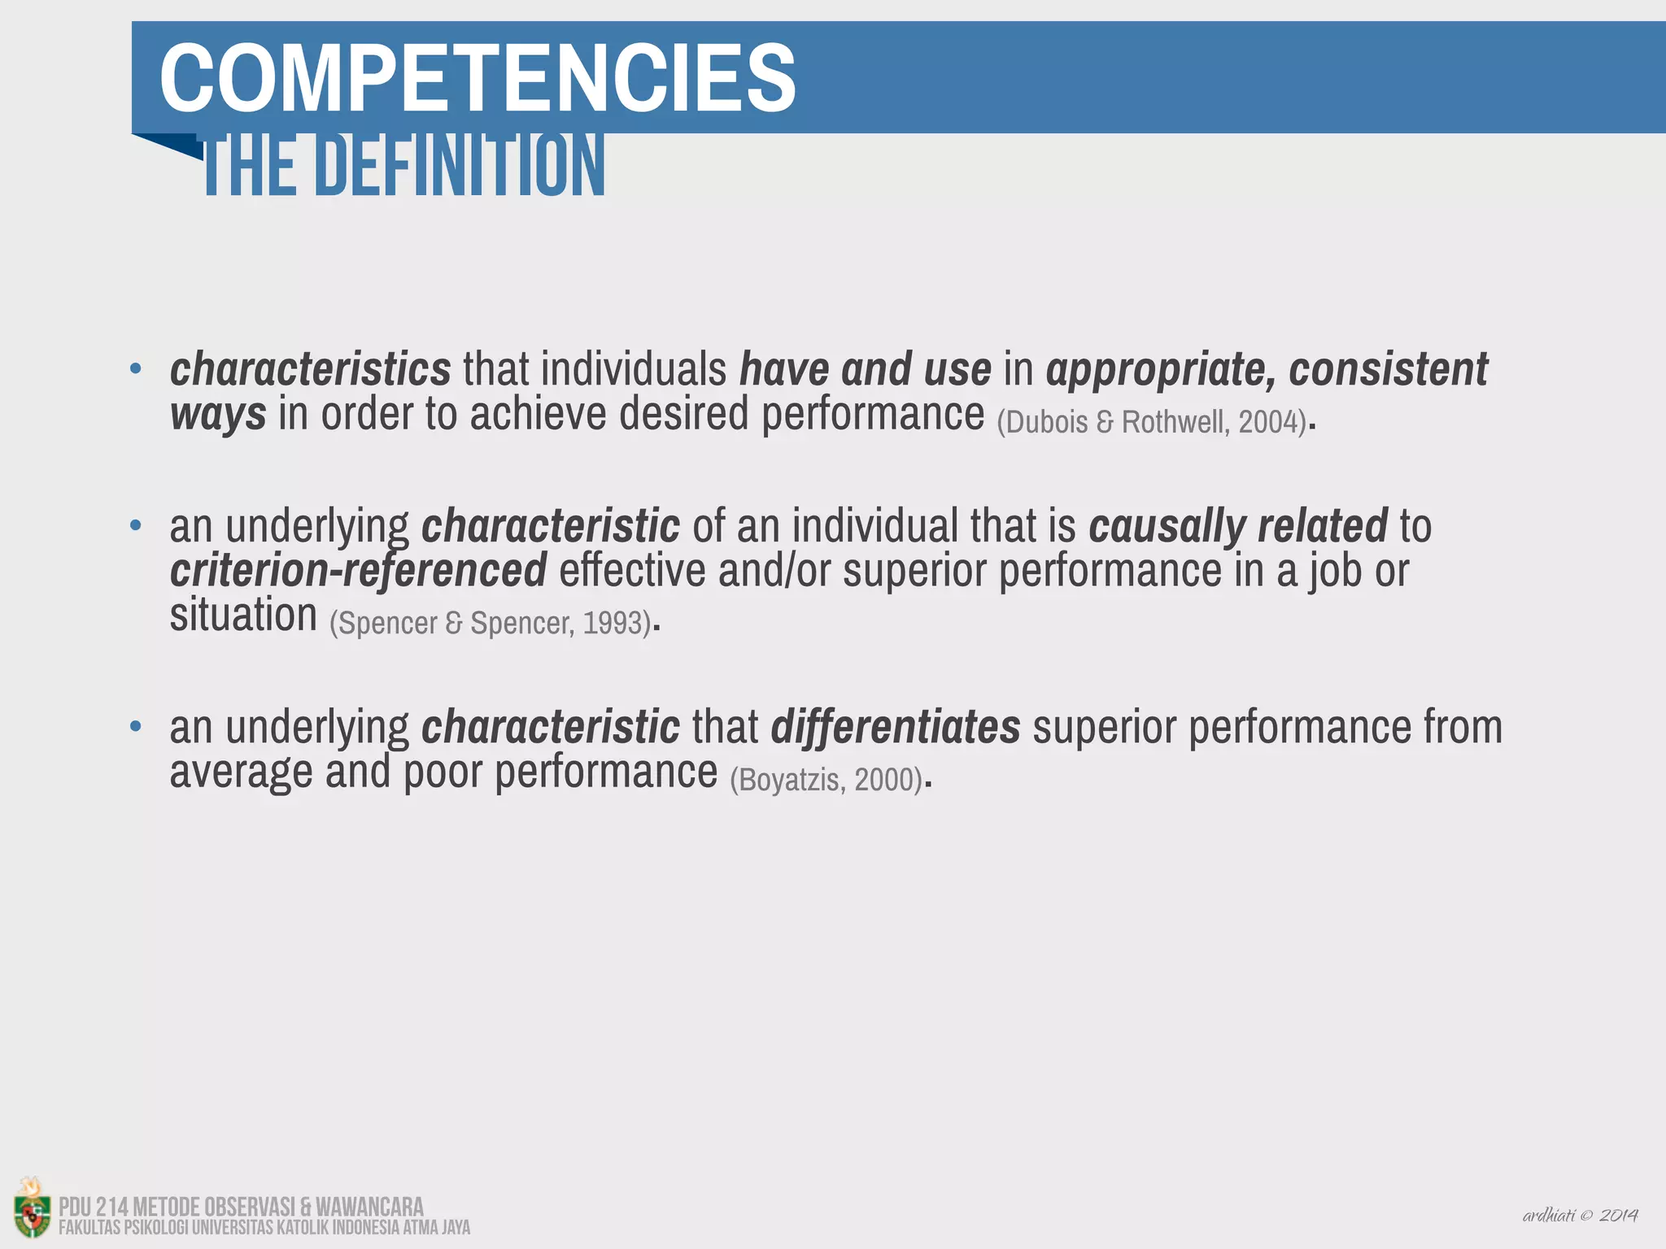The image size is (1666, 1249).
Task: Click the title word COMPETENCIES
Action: [x=478, y=79]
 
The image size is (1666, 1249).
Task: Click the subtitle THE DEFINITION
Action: [x=404, y=167]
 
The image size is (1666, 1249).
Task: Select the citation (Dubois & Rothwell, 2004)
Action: [x=1151, y=422]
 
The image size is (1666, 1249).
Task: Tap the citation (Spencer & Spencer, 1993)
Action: [x=491, y=623]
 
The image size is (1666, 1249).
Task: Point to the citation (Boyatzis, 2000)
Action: [x=826, y=780]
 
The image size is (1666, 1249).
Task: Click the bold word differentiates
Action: [x=895, y=727]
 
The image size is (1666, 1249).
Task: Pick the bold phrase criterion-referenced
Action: [x=358, y=570]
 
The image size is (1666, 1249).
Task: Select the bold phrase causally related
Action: [x=1237, y=526]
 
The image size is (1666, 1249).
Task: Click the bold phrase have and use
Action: [x=865, y=370]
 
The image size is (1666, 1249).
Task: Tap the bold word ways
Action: [x=217, y=414]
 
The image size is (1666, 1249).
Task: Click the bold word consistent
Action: [x=1388, y=370]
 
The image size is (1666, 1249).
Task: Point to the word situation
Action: [x=242, y=615]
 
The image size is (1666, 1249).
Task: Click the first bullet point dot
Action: [x=136, y=369]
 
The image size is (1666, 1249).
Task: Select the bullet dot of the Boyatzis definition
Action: [x=136, y=725]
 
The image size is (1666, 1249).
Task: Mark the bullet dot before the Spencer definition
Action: [x=136, y=525]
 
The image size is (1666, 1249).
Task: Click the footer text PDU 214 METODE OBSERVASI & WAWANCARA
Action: [x=241, y=1206]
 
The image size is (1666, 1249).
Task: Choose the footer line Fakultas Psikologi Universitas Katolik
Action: [x=264, y=1228]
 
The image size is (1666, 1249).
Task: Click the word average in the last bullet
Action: [x=241, y=772]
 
